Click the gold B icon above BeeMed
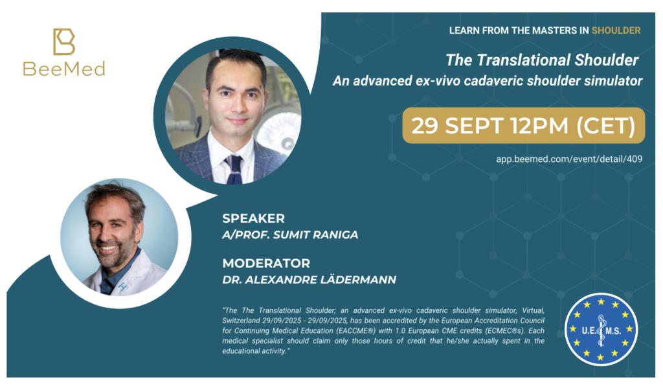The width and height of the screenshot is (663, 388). (x=64, y=41)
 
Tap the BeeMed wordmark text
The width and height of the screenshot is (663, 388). (x=64, y=69)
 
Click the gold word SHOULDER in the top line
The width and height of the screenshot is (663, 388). (x=616, y=30)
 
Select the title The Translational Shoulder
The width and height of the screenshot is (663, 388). (x=542, y=60)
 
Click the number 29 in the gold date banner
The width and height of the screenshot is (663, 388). (x=425, y=126)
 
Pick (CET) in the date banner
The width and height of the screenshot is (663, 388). (x=606, y=126)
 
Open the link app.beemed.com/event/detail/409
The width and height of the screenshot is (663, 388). (x=569, y=159)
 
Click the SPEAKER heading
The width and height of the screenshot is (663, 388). (x=253, y=218)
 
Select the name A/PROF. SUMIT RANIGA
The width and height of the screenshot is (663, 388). (x=290, y=235)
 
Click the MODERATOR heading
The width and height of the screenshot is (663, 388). (x=266, y=263)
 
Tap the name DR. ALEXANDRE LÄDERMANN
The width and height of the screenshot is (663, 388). (x=309, y=280)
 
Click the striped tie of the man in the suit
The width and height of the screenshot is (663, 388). (x=234, y=169)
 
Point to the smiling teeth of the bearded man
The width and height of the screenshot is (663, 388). (x=109, y=249)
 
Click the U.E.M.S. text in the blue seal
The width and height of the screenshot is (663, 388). (x=601, y=330)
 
